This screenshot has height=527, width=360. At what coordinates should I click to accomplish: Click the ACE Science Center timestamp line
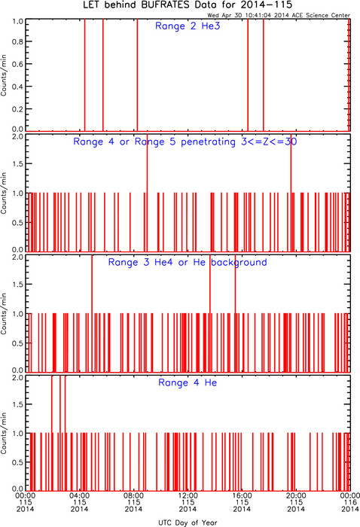click(279, 15)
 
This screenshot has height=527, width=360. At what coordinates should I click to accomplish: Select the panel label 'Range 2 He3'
click(188, 26)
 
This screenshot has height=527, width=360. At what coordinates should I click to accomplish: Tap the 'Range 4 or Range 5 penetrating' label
click(154, 142)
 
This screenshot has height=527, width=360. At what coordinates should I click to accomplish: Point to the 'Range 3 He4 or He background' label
click(188, 262)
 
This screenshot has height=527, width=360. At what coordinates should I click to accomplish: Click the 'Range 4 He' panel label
click(188, 382)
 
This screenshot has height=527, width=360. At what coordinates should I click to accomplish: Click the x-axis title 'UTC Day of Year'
click(188, 522)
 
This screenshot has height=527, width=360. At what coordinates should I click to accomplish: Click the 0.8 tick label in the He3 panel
click(17, 41)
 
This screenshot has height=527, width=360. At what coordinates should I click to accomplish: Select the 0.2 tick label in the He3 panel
click(17, 109)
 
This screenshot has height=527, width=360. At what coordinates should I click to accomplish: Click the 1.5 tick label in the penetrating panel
click(17, 163)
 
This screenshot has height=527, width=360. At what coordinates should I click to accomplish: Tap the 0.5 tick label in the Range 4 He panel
click(17, 462)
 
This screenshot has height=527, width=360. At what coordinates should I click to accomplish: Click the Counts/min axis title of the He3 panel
click(4, 75)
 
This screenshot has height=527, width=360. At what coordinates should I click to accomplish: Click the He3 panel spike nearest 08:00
click(137, 75)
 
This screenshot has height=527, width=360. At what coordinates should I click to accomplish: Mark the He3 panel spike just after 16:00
click(248, 75)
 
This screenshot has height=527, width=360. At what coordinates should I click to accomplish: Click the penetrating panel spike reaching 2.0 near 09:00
click(147, 193)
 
